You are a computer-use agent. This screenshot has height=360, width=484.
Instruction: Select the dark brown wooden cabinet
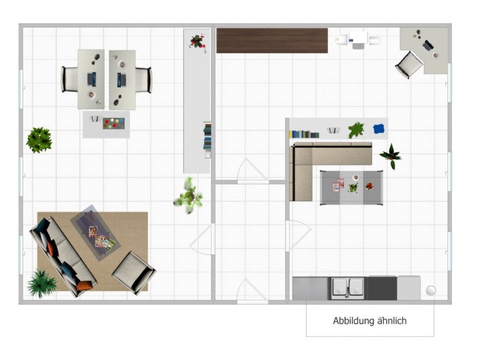(x=272, y=40)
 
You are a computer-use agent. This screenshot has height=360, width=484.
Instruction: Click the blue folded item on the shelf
(x=379, y=129)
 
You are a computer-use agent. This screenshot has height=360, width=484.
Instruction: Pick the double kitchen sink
(x=348, y=289)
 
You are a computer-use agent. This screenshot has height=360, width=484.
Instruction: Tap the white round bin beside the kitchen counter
(x=431, y=290)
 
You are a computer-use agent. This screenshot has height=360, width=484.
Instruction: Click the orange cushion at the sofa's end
(x=84, y=285)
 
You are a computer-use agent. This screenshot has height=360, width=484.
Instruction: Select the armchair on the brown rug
(x=134, y=272)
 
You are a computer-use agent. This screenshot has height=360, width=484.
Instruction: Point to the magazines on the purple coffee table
(x=101, y=236)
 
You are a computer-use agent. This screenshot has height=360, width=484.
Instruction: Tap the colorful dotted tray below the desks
(x=114, y=124)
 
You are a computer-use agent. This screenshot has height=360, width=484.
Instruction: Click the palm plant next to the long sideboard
(x=189, y=196)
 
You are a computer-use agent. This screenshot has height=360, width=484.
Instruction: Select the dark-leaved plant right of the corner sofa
(x=391, y=156)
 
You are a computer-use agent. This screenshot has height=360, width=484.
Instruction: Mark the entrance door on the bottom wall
(x=253, y=291)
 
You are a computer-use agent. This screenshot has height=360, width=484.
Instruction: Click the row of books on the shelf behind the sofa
(x=304, y=134)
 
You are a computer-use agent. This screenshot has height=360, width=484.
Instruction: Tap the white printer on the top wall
(x=358, y=40)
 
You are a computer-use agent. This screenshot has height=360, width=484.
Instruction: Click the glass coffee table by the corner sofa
(x=351, y=187)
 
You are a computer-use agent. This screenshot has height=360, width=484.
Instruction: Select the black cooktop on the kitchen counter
(x=382, y=289)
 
